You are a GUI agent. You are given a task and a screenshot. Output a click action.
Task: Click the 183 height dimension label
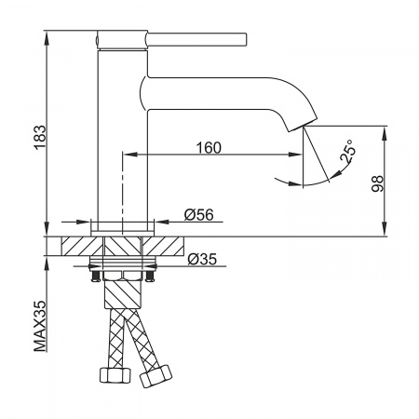(40, 138)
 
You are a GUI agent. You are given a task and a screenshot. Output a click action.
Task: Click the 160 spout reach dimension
(209, 148)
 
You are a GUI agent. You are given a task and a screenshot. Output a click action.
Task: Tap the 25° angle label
(347, 151)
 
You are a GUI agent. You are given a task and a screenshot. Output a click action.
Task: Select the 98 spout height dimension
(377, 183)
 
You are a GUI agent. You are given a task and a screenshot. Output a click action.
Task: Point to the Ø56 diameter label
(199, 215)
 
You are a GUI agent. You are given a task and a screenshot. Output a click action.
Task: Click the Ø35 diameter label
(202, 259)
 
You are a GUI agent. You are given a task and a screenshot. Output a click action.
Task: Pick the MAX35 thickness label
(40, 326)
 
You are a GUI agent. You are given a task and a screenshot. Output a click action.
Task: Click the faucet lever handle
(196, 40)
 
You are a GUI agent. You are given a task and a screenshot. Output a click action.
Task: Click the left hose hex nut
(115, 375)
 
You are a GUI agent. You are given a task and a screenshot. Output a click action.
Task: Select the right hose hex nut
(155, 376)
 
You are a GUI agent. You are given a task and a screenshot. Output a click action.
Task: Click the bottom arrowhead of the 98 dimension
(385, 229)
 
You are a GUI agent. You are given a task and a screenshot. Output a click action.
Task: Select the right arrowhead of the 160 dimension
(295, 155)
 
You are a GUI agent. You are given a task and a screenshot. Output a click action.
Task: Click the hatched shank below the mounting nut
(123, 293)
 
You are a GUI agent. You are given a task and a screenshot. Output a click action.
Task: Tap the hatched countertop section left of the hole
(82, 247)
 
